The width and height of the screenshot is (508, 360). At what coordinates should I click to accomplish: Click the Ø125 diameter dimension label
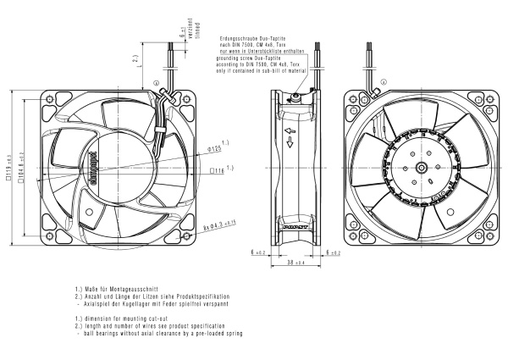click(x=214, y=149)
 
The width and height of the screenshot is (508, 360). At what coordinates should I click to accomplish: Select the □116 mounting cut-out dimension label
click(x=218, y=169)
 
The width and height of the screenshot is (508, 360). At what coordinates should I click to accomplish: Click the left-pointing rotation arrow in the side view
click(x=289, y=130)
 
